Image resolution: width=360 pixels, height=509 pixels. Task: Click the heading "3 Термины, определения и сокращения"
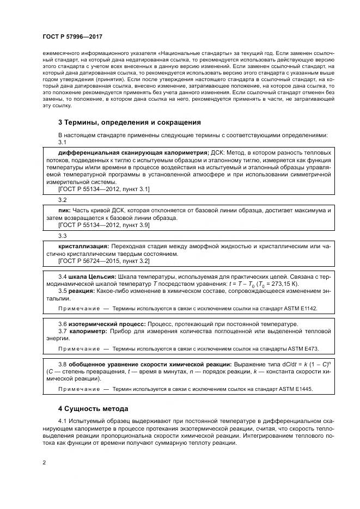coord(130,122)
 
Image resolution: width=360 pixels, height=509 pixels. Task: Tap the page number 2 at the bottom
coord(44,462)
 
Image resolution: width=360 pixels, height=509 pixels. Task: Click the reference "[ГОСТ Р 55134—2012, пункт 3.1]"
coord(103,188)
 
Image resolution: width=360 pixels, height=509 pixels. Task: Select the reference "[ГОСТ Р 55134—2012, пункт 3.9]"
coord(103,224)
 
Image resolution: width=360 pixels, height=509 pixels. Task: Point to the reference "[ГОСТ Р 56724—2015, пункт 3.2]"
coord(103,261)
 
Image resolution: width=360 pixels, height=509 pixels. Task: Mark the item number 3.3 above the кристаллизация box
coord(62,236)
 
